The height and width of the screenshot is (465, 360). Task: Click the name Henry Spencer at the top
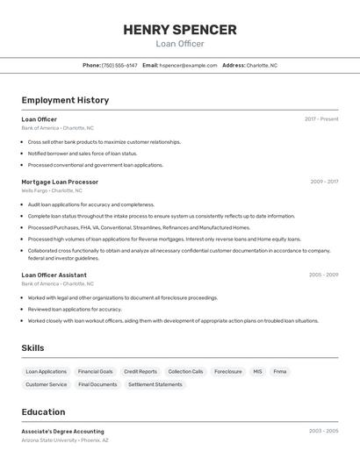pos(180,30)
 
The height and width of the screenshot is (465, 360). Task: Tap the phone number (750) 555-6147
pos(119,65)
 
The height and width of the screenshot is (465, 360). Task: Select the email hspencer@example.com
pos(188,65)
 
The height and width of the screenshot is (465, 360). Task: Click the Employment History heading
pos(65,100)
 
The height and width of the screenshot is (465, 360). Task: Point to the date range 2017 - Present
pos(321,119)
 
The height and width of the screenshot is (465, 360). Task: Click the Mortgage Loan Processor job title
pos(60,182)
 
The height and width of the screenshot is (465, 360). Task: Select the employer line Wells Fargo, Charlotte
pos(52,190)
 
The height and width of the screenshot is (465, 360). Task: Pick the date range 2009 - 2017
pos(324,182)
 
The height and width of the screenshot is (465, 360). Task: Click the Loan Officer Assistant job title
pos(54,275)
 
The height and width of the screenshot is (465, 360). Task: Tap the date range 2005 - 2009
pos(323,275)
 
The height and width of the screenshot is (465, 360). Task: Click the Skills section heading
pos(32,348)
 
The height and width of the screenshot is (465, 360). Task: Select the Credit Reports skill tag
pos(140,372)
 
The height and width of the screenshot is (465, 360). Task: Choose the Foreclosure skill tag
pos(228,372)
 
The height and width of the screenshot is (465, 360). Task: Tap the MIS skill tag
pos(257,372)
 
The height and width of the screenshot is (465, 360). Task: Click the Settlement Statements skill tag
pos(155,384)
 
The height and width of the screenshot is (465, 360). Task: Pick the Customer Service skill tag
pos(47,384)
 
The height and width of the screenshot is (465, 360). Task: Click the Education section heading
pos(43,412)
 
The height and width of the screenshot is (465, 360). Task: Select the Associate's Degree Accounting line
pos(62,432)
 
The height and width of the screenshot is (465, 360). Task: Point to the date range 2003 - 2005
pos(323,432)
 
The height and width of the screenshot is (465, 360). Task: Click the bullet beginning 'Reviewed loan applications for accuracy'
pos(75,309)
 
